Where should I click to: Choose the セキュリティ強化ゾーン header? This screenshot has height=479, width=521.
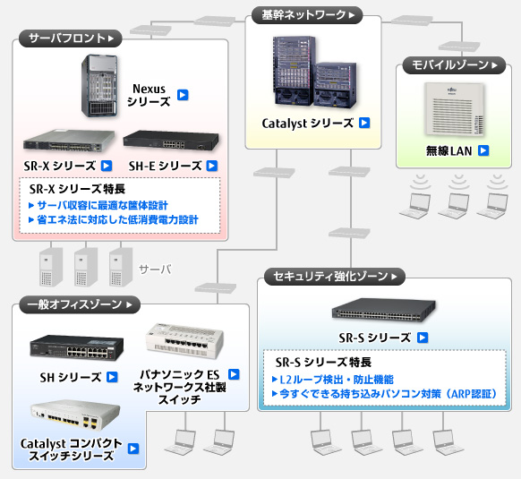[x=334, y=277]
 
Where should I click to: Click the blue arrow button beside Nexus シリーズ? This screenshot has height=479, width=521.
[x=182, y=95]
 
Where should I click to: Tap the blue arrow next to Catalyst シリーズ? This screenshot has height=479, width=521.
[x=364, y=123]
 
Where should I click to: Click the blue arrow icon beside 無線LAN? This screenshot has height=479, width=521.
[x=483, y=150]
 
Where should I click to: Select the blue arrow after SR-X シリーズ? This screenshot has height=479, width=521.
[x=106, y=165]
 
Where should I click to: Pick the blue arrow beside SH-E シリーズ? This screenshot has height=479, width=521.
[x=211, y=165]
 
